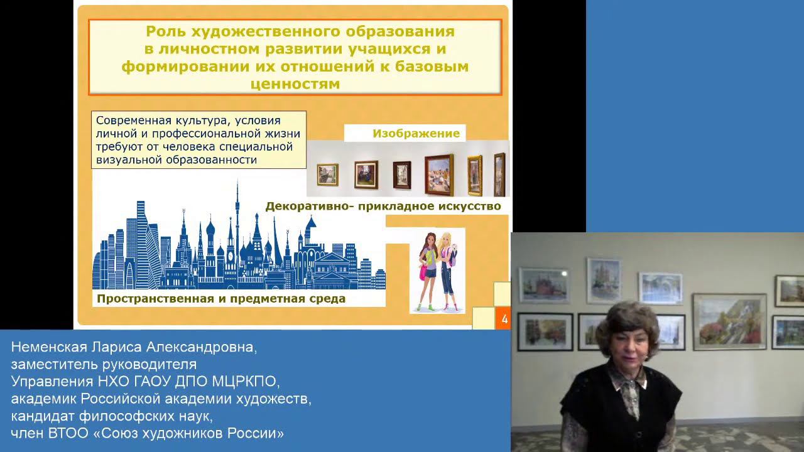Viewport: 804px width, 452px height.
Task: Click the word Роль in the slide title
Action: point(165,31)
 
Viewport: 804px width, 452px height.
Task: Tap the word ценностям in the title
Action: point(295,83)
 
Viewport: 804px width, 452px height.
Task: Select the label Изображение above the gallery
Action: point(416,133)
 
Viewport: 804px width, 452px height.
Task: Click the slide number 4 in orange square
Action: point(504,319)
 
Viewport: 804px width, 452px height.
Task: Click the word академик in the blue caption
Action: point(43,399)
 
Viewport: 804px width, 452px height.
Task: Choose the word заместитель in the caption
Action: point(55,364)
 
